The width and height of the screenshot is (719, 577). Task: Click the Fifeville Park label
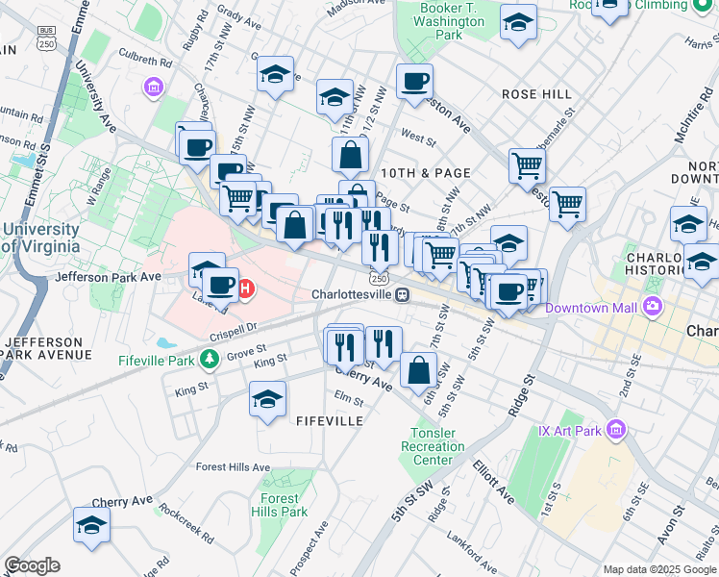point(156,360)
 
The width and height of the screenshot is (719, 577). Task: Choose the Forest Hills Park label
point(280,505)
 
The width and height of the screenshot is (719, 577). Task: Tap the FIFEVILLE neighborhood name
point(330,421)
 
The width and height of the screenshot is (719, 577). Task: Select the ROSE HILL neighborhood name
point(536,94)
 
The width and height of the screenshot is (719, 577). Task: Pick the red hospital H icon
point(245,288)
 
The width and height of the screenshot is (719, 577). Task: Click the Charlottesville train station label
point(352,294)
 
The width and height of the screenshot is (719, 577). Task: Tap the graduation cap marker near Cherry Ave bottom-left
point(91,525)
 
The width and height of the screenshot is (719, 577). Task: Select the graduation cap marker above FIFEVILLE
point(267,400)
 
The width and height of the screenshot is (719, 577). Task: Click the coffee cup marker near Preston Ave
point(414,82)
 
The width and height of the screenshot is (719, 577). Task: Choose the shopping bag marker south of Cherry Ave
point(419,371)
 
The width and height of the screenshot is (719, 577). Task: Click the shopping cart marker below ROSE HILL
point(527,165)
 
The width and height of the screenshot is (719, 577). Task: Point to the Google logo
point(32,565)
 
